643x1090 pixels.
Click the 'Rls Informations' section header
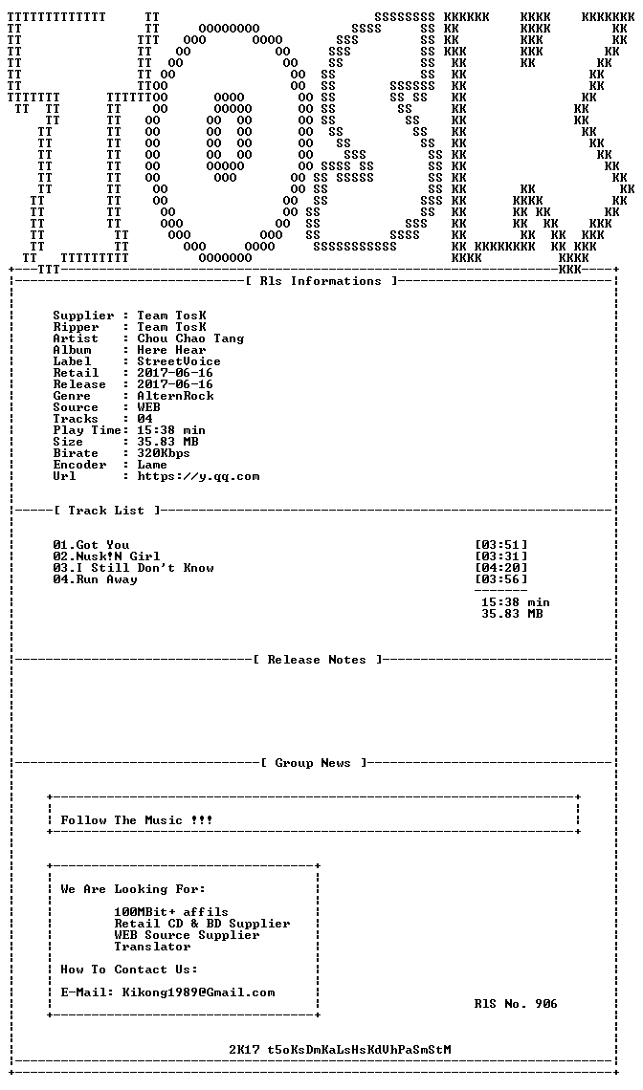pyautogui.click(x=321, y=281)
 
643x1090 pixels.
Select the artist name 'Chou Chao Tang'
pyautogui.click(x=190, y=338)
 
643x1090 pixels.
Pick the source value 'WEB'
pyautogui.click(x=149, y=407)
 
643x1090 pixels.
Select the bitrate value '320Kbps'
pyautogui.click(x=164, y=453)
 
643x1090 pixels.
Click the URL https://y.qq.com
pyautogui.click(x=198, y=477)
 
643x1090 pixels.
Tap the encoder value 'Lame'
pyautogui.click(x=152, y=465)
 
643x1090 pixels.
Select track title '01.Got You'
pyautogui.click(x=91, y=545)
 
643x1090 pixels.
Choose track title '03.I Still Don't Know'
pyautogui.click(x=134, y=568)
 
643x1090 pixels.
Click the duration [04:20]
pyautogui.click(x=501, y=568)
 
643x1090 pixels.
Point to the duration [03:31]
pyautogui.click(x=501, y=556)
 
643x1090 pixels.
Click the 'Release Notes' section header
pyautogui.click(x=317, y=660)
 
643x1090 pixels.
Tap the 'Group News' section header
pyautogui.click(x=313, y=763)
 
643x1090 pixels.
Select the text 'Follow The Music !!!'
pyautogui.click(x=137, y=820)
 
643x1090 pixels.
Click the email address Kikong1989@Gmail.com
pyautogui.click(x=198, y=992)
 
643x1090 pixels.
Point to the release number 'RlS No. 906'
pyautogui.click(x=516, y=1004)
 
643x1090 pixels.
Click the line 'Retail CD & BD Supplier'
pyautogui.click(x=203, y=924)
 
